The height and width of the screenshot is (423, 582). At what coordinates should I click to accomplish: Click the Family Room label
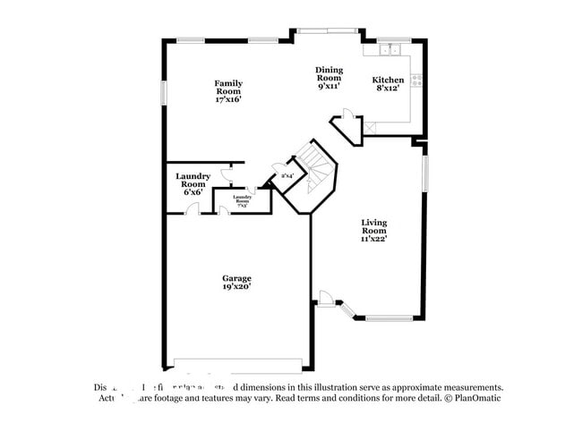pyautogui.click(x=228, y=91)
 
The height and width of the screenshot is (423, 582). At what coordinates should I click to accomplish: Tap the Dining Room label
pyautogui.click(x=329, y=78)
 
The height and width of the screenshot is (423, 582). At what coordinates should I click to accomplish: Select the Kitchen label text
pyautogui.click(x=389, y=80)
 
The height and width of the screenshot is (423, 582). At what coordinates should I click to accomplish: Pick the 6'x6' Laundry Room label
pyautogui.click(x=193, y=183)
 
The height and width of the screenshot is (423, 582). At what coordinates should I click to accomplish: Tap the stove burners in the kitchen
pyautogui.click(x=416, y=79)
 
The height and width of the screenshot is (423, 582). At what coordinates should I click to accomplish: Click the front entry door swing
pyautogui.click(x=329, y=298)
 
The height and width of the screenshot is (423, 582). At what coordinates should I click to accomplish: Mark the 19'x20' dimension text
pyautogui.click(x=236, y=287)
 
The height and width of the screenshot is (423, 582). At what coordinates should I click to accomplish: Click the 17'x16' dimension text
pyautogui.click(x=228, y=100)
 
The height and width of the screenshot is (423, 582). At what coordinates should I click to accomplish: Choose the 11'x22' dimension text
pyautogui.click(x=373, y=240)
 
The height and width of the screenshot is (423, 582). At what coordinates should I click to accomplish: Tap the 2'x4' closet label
pyautogui.click(x=287, y=176)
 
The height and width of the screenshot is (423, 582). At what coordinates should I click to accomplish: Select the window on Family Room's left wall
pyautogui.click(x=163, y=92)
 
